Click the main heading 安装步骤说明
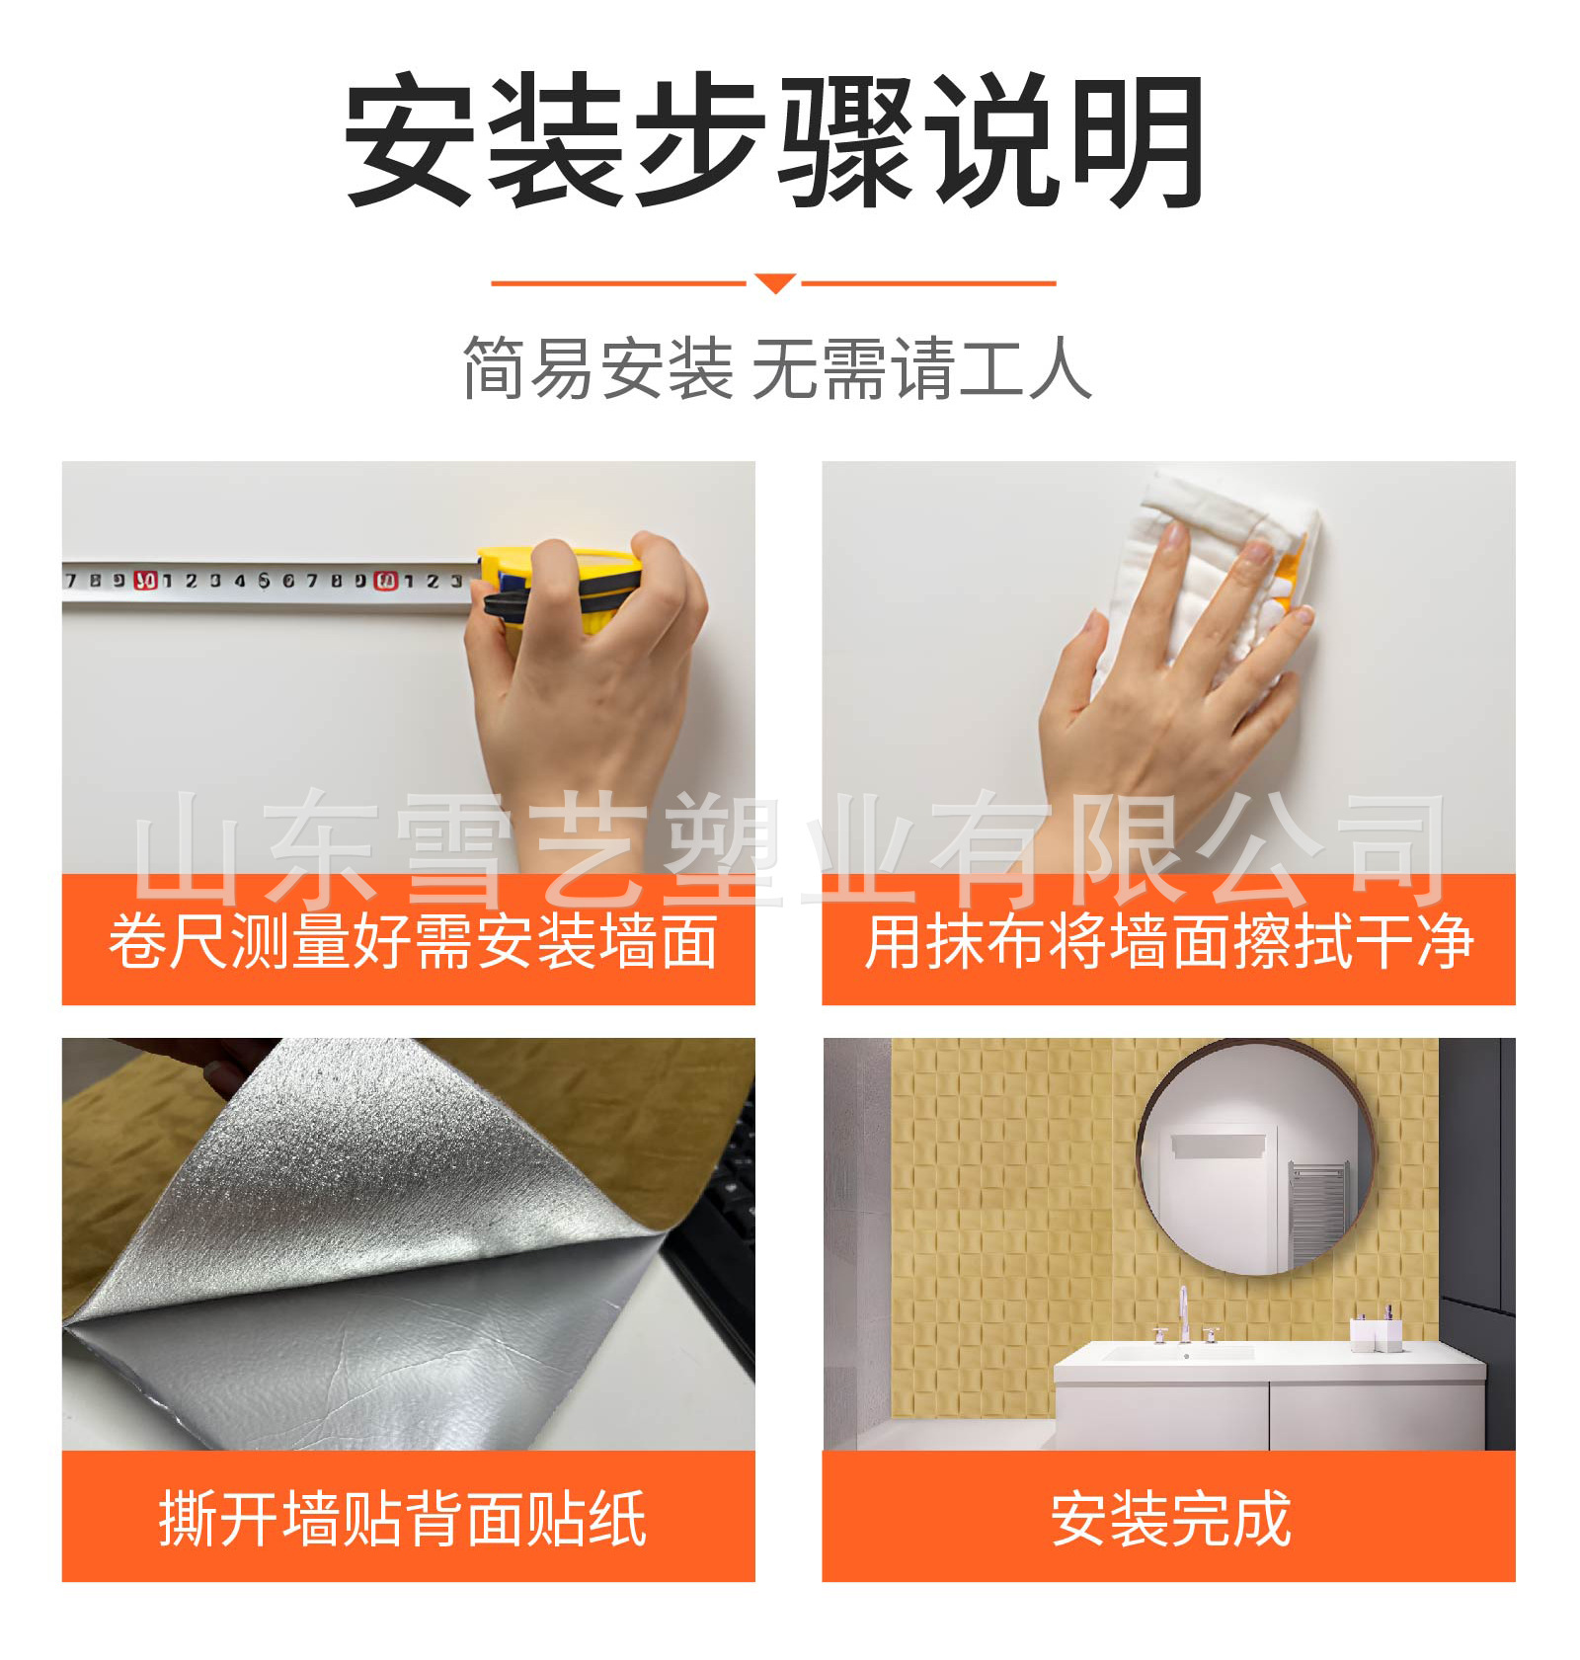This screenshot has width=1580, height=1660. (x=775, y=140)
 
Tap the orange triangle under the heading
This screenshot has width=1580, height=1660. (x=775, y=283)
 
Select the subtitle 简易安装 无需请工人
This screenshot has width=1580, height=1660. (x=777, y=368)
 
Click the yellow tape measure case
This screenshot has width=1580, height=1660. (x=559, y=590)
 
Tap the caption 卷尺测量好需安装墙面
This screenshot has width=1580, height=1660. (x=413, y=940)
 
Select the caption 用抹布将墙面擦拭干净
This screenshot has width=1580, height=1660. (x=1169, y=940)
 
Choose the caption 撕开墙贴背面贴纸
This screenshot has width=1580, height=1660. (x=403, y=1518)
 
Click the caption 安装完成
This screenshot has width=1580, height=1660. (x=1170, y=1518)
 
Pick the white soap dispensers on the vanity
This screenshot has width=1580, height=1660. (x=1377, y=1329)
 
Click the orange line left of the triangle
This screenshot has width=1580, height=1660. (x=619, y=283)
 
